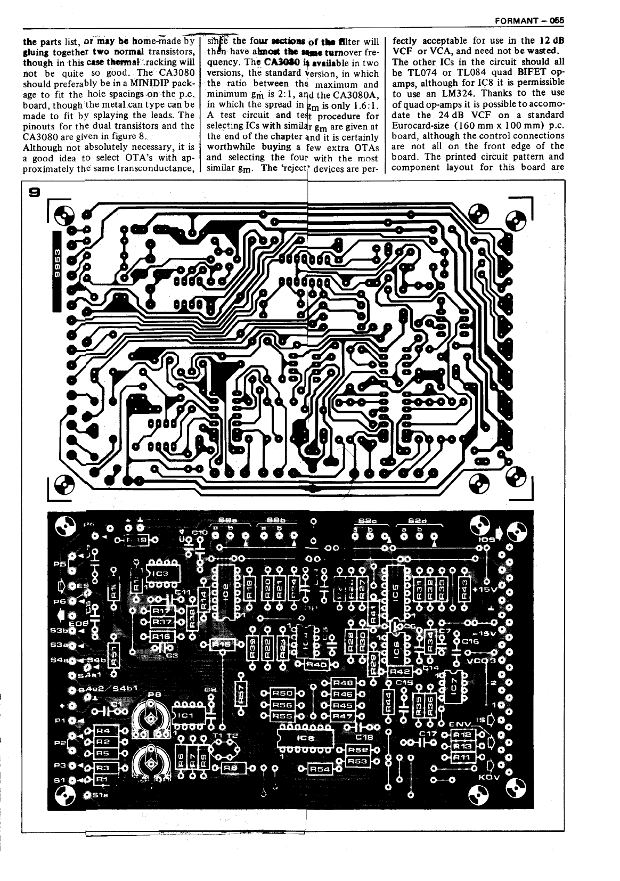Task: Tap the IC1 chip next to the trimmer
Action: (x=184, y=715)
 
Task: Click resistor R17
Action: (x=161, y=611)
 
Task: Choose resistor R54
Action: (x=320, y=769)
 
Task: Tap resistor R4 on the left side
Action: (x=103, y=731)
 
